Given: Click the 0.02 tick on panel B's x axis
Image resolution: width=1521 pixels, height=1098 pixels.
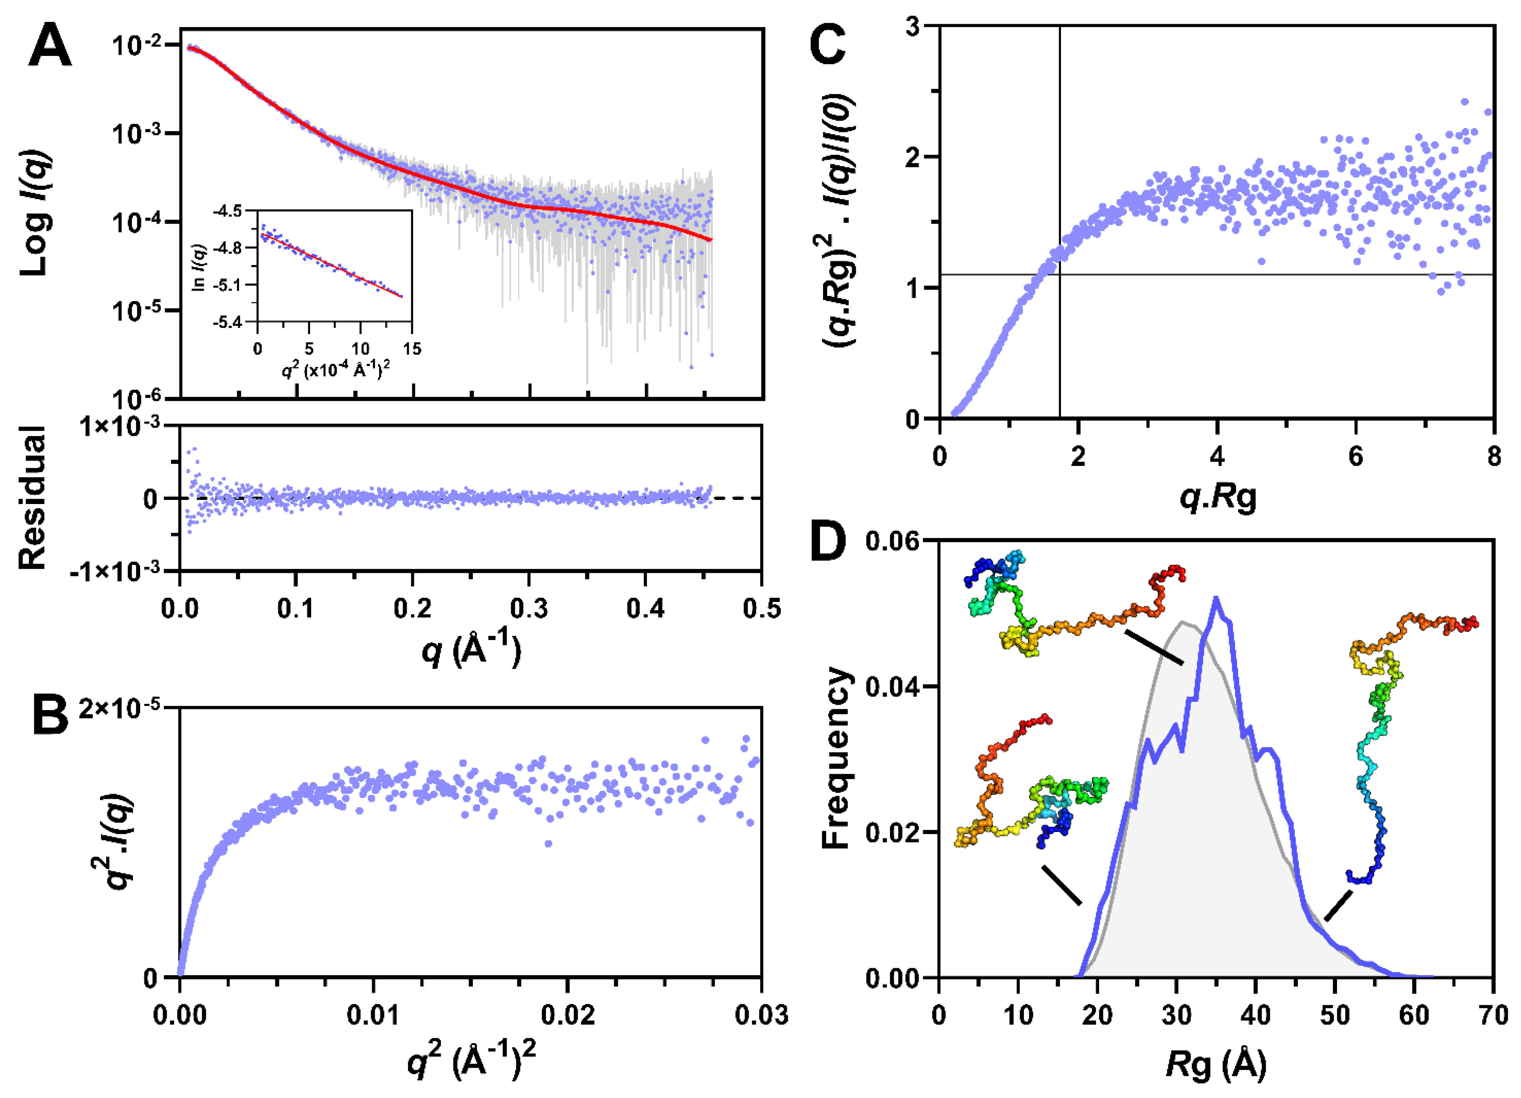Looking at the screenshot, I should (567, 1015).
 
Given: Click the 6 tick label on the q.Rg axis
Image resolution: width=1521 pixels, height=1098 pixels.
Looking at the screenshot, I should (1355, 456).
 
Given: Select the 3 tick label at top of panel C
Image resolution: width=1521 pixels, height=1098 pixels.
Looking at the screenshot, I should (912, 27).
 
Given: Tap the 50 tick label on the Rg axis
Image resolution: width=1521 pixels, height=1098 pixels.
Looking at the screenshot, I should (1334, 1015).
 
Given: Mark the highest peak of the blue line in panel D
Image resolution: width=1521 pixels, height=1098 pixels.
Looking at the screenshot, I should (1215, 598).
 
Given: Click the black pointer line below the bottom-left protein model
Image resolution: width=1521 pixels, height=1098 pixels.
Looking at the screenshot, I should (1062, 885).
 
